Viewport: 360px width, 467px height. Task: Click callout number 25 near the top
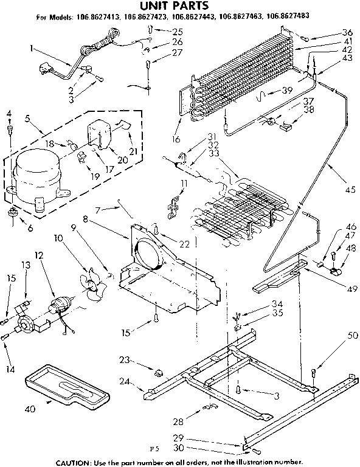tap(178, 31)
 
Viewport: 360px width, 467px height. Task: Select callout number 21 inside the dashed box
tap(133, 150)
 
